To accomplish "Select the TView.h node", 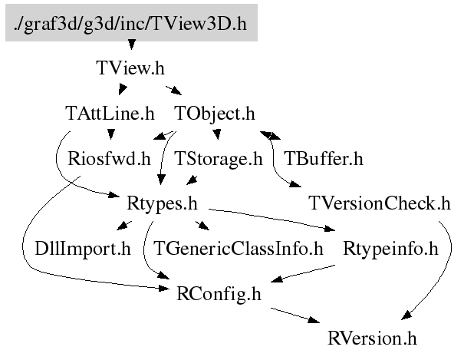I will click(130, 68).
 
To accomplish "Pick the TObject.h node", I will click(215, 114).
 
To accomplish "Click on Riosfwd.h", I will click(109, 160).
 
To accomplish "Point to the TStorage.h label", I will click(219, 160).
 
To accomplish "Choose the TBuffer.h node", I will click(323, 160).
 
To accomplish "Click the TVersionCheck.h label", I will click(379, 205).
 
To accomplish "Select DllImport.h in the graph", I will click(84, 249).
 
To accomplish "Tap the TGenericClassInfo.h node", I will click(238, 249).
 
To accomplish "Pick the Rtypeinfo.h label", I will click(390, 249).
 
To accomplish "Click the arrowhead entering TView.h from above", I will click(130, 54).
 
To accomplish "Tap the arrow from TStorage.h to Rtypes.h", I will click(191, 181).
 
